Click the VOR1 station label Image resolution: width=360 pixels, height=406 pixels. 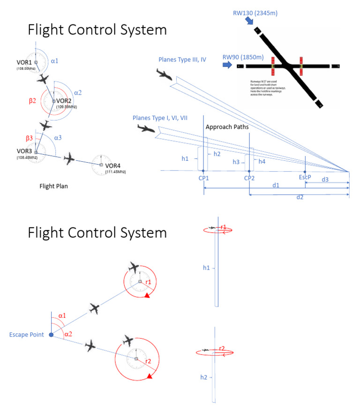click(24, 62)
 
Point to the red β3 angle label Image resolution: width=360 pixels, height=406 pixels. click(29, 138)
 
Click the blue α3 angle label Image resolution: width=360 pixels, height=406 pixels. click(58, 138)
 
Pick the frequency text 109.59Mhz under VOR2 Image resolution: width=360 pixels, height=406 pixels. click(66, 107)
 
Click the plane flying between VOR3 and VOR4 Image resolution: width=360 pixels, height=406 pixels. click(69, 159)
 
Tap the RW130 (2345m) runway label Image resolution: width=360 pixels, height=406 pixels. click(255, 13)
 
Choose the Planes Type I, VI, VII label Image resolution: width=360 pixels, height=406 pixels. click(160, 118)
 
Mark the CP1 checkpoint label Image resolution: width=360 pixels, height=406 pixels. click(204, 179)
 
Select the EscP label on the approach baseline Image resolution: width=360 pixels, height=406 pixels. click(305, 178)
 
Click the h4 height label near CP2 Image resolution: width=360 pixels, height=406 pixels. click(262, 162)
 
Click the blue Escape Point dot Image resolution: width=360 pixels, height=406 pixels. click(51, 335)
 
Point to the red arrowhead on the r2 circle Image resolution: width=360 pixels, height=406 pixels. click(149, 376)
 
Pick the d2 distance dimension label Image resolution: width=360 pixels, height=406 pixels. click(299, 197)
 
